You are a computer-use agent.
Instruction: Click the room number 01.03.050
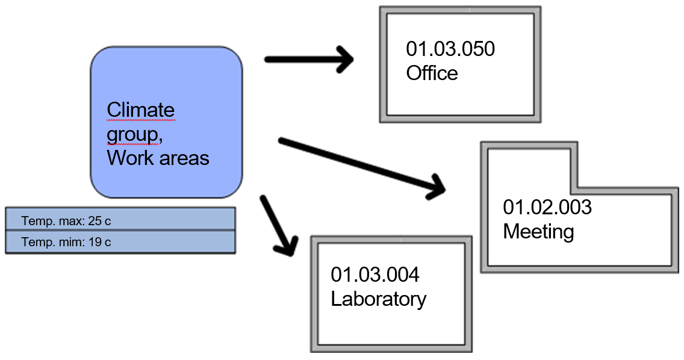pyautogui.click(x=450, y=49)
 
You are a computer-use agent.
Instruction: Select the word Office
pyautogui.click(x=432, y=73)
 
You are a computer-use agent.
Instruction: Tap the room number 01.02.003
pyautogui.click(x=547, y=207)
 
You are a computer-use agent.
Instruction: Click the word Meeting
pyautogui.click(x=538, y=231)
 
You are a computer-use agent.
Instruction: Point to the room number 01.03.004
pyautogui.click(x=375, y=275)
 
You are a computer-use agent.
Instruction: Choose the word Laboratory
pyautogui.click(x=378, y=299)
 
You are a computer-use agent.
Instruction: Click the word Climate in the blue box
pyautogui.click(x=140, y=110)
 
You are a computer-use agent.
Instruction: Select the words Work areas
pyautogui.click(x=158, y=158)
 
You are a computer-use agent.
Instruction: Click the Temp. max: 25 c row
pyautogui.click(x=119, y=221)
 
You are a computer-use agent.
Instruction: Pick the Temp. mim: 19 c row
pyautogui.click(x=119, y=243)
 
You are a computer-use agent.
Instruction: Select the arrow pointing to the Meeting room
pyautogui.click(x=361, y=165)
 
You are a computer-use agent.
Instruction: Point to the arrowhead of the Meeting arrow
pyautogui.click(x=436, y=187)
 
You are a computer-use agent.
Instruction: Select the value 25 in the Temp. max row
pyautogui.click(x=95, y=221)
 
